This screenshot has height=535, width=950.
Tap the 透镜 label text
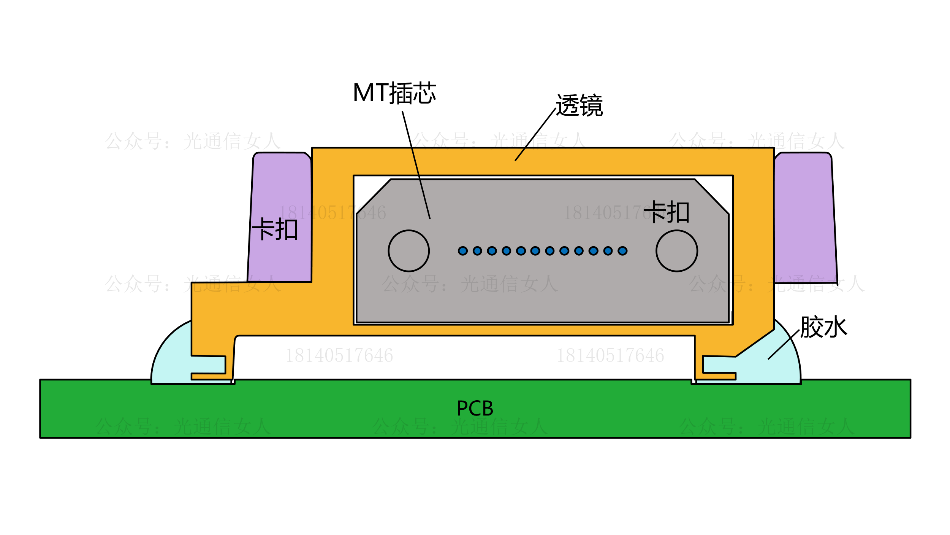(579, 105)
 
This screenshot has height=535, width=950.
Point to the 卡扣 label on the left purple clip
(274, 229)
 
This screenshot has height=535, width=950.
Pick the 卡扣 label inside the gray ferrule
(667, 212)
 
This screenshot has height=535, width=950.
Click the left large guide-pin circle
(408, 251)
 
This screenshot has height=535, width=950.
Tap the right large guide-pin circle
(677, 251)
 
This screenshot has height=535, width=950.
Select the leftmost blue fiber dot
(462, 251)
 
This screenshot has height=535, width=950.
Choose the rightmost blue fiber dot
(622, 251)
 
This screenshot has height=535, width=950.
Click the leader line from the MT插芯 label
(416, 164)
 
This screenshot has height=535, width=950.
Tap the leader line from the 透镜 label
(535, 134)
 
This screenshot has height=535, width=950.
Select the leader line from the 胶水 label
(784, 344)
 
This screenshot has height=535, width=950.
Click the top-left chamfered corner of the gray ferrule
(373, 196)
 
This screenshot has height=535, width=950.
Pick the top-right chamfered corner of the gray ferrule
(712, 196)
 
